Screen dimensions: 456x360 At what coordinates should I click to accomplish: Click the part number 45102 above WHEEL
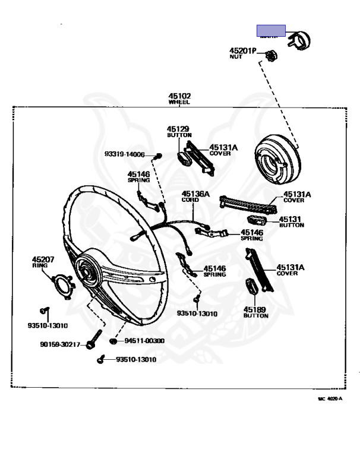(x=179, y=96)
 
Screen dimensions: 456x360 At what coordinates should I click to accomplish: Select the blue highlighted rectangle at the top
(x=271, y=30)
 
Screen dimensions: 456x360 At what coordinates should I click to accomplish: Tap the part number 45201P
(x=242, y=51)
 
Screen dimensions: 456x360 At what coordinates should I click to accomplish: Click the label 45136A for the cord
(x=195, y=194)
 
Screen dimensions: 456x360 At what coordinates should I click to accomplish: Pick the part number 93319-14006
(x=125, y=154)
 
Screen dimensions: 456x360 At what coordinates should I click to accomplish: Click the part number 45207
(x=43, y=259)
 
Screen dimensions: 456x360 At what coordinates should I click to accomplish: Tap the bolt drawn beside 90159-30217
(x=91, y=344)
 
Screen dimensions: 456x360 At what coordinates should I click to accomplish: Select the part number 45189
(x=255, y=309)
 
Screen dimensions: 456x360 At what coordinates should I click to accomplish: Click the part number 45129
(x=178, y=129)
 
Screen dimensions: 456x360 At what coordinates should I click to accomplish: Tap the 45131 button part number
(x=291, y=218)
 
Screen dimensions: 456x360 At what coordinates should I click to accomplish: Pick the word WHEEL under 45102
(x=179, y=103)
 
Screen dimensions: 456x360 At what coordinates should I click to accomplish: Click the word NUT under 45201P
(x=236, y=57)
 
